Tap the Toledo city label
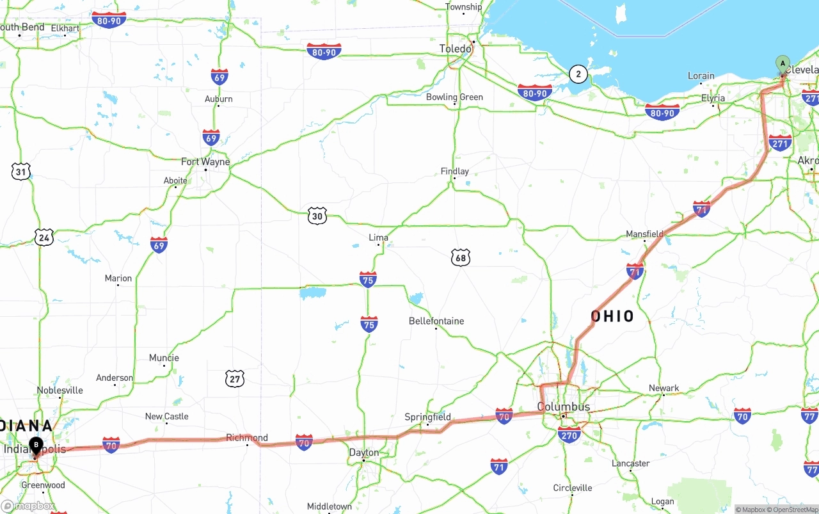(x=456, y=49)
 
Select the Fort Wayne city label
(x=205, y=162)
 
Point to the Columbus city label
(x=563, y=407)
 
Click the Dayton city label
(x=363, y=453)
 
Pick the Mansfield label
(x=644, y=234)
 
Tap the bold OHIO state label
(x=612, y=316)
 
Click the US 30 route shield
(x=317, y=216)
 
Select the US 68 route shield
(x=460, y=258)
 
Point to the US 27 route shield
(x=235, y=379)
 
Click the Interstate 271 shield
(x=780, y=143)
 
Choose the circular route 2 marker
(x=578, y=74)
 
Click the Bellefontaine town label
(x=436, y=321)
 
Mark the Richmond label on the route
(x=246, y=438)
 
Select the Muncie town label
(x=164, y=358)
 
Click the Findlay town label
(x=454, y=171)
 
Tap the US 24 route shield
(x=44, y=237)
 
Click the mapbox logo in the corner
(x=28, y=506)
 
